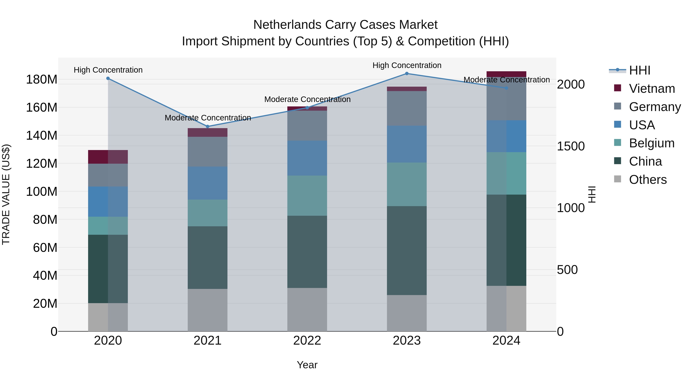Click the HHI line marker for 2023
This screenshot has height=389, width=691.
(407, 74)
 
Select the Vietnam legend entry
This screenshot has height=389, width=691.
(652, 89)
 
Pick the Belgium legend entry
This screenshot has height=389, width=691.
(652, 143)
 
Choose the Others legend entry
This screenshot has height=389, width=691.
(648, 180)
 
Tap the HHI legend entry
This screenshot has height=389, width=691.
(640, 70)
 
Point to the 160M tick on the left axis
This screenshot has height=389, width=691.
(42, 107)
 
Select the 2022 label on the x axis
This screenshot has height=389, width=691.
(307, 341)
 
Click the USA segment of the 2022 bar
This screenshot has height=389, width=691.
(307, 158)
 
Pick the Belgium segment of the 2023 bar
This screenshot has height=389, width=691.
(407, 184)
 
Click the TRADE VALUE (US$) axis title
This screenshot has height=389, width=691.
(6, 194)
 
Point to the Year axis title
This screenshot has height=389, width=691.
(307, 365)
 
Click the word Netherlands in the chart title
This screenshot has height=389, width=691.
(287, 25)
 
